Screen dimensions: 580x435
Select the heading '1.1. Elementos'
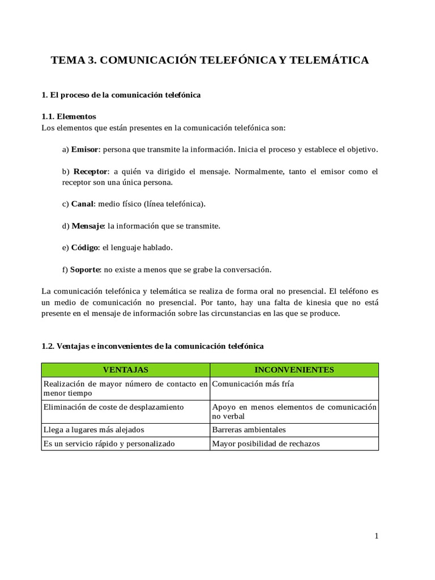coord(69,116)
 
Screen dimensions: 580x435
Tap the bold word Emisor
coord(85,150)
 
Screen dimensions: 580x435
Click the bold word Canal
coord(82,203)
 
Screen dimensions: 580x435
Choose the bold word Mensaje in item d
coord(88,225)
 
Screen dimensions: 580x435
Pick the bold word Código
coord(85,248)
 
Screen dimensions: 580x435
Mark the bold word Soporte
coord(86,269)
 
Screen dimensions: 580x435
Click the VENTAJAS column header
coord(125,370)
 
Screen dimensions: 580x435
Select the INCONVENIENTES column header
coord(294,370)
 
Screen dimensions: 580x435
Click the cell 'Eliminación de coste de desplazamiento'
coord(113,407)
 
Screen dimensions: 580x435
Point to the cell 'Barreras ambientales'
coord(249,429)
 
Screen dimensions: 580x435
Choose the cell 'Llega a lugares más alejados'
coord(93,429)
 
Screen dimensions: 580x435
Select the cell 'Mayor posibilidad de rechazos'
coord(266,443)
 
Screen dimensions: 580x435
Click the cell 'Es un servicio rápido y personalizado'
coord(109,443)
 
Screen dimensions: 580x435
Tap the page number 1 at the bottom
coord(376,537)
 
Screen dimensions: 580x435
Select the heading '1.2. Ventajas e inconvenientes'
coord(152,346)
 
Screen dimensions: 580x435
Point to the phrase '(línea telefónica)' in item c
coord(174,203)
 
